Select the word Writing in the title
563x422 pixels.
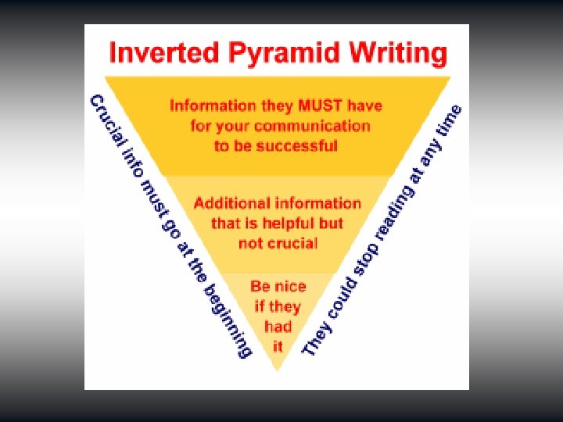(398, 55)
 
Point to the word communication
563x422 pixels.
(311, 126)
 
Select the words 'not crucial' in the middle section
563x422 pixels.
(278, 243)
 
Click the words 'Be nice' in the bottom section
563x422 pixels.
(277, 286)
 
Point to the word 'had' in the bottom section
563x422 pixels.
(278, 326)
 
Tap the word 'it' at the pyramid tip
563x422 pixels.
(278, 345)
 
